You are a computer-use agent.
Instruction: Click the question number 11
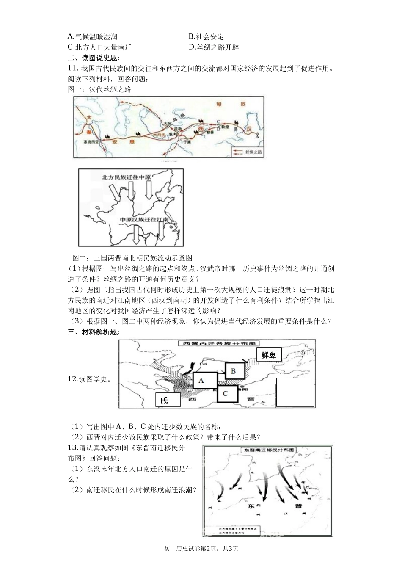[72, 69]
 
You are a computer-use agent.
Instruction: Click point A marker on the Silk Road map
[256, 136]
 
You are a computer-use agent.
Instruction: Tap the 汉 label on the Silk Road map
[249, 128]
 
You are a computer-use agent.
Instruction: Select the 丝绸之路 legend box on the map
[247, 151]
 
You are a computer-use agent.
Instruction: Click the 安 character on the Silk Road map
[114, 142]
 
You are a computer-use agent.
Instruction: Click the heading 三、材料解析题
[94, 332]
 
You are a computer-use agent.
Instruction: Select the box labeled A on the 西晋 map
[205, 380]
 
